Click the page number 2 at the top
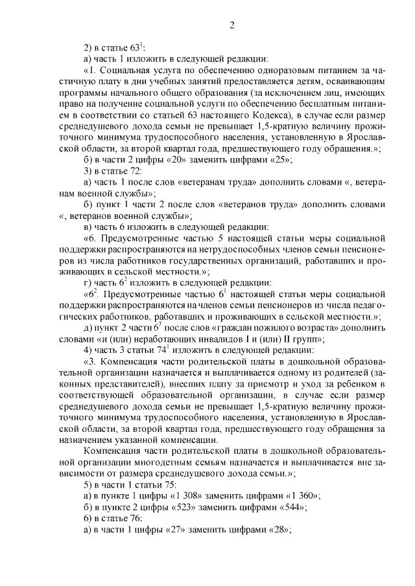(x=231, y=25)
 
